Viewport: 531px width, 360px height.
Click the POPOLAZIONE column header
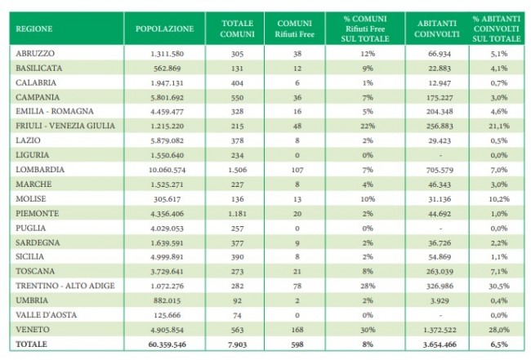click(x=164, y=29)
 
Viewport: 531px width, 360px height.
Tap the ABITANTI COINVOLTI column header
click(x=437, y=29)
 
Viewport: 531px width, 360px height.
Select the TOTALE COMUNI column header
click(x=237, y=29)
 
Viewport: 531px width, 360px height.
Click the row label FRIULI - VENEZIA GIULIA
click(x=65, y=126)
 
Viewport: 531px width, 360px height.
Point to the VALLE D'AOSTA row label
click(x=46, y=315)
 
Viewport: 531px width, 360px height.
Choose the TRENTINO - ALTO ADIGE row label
click(x=65, y=286)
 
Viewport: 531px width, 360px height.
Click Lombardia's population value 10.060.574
click(x=167, y=170)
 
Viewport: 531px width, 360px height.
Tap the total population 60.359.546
click(x=167, y=344)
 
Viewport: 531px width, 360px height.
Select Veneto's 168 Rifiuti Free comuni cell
click(x=297, y=330)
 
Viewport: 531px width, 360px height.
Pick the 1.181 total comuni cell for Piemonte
click(x=237, y=214)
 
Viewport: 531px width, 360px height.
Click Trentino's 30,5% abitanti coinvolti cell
click(x=499, y=286)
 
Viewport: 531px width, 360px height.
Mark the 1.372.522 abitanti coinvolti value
click(x=440, y=330)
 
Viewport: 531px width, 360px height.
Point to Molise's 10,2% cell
click(x=499, y=199)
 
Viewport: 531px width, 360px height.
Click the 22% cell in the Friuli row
click(x=368, y=126)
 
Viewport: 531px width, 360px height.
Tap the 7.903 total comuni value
click(x=237, y=344)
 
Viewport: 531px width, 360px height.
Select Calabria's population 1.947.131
click(x=167, y=83)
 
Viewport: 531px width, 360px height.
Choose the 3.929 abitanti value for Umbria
click(x=440, y=300)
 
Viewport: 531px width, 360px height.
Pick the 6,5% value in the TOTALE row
click(x=499, y=344)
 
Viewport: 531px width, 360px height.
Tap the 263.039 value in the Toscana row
click(x=440, y=271)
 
